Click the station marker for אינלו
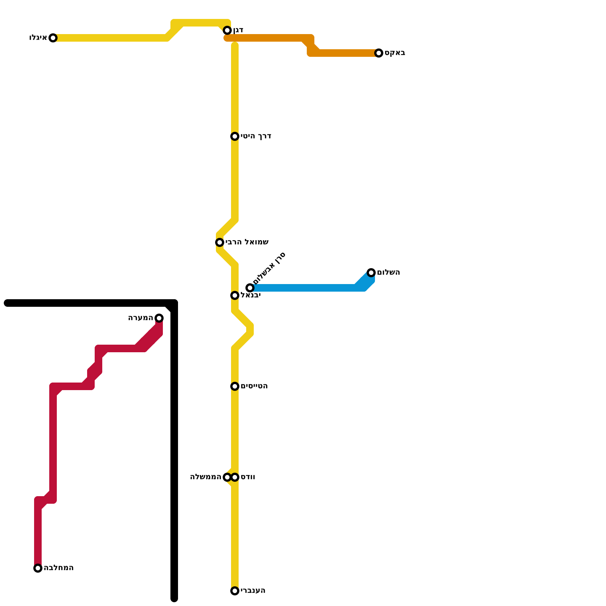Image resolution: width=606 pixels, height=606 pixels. tap(53, 38)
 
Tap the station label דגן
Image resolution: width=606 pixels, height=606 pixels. tap(238, 30)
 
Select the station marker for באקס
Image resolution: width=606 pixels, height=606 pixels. tap(379, 53)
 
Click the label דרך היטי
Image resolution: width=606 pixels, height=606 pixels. tap(256, 136)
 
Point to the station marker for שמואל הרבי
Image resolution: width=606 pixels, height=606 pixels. tap(220, 242)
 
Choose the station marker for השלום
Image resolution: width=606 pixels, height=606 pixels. tap(371, 273)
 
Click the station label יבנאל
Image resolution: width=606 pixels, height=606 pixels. tap(250, 295)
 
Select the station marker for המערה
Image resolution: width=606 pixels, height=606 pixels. tap(159, 318)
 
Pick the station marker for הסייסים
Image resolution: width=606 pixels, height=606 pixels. tap(235, 386)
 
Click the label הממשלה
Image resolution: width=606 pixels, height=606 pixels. tap(206, 477)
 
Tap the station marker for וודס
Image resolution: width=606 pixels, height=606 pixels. tap(235, 477)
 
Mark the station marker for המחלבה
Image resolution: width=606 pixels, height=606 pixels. tap(38, 568)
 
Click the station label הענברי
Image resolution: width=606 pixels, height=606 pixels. tap(253, 591)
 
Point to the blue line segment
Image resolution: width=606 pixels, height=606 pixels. tap(303, 288)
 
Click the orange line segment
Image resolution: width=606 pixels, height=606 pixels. tap(265, 38)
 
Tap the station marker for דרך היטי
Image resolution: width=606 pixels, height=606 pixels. tap(235, 136)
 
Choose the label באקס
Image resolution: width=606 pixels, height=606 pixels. tap(395, 53)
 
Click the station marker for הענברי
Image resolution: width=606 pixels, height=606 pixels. tap(235, 591)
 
